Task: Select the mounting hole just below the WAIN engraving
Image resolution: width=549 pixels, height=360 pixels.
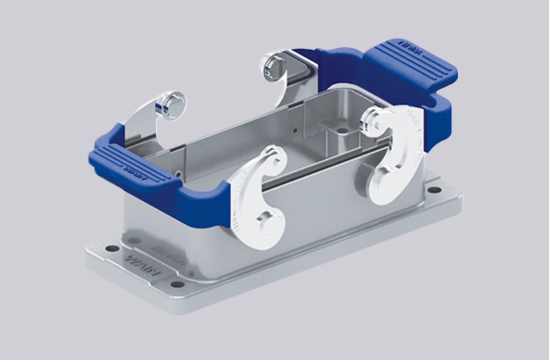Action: pyautogui.click(x=177, y=284)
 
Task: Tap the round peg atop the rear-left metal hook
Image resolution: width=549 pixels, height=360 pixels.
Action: pyautogui.click(x=171, y=104)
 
